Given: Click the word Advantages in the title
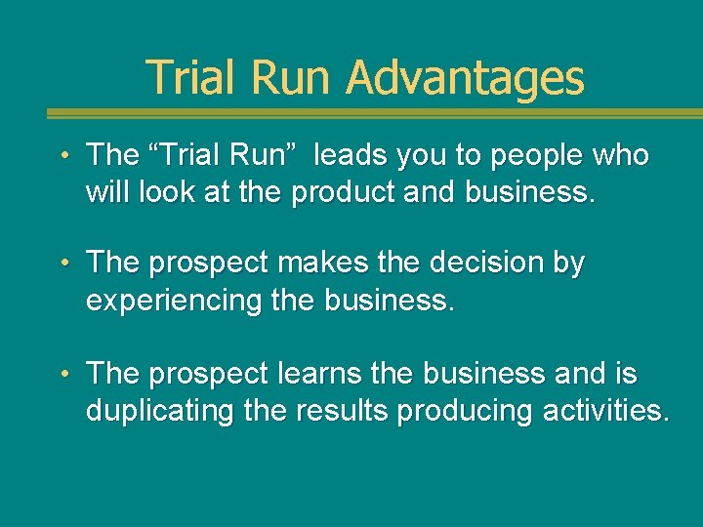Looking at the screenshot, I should click(x=465, y=77).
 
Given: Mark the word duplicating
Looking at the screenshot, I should click(x=160, y=412).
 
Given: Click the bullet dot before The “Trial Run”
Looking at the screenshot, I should click(x=63, y=156).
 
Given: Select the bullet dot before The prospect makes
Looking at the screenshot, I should click(x=63, y=264).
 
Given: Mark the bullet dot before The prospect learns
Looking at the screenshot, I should click(x=63, y=375).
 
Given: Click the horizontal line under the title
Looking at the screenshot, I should click(x=351, y=113).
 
